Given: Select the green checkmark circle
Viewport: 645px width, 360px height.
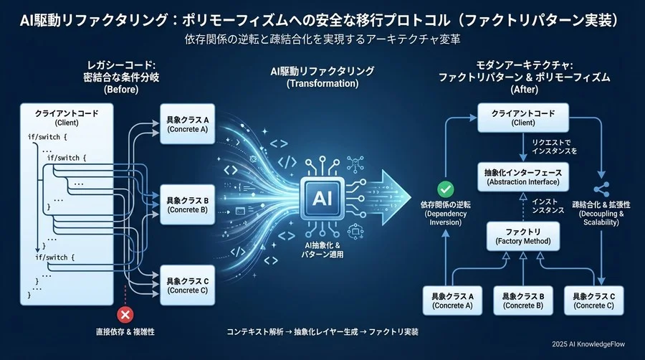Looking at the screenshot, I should click(x=446, y=189).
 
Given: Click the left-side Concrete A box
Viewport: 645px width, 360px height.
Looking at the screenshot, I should click(x=187, y=124).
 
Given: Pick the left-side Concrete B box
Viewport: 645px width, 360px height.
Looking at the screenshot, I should click(x=187, y=204).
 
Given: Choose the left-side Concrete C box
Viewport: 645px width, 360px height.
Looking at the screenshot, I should click(x=187, y=285).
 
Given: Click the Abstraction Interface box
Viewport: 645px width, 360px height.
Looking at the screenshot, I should click(x=522, y=176).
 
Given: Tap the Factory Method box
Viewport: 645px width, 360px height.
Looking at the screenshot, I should click(x=522, y=237).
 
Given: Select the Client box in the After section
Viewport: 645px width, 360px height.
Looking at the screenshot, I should click(x=522, y=118).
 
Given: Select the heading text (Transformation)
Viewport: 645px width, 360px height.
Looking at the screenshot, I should click(x=322, y=84).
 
